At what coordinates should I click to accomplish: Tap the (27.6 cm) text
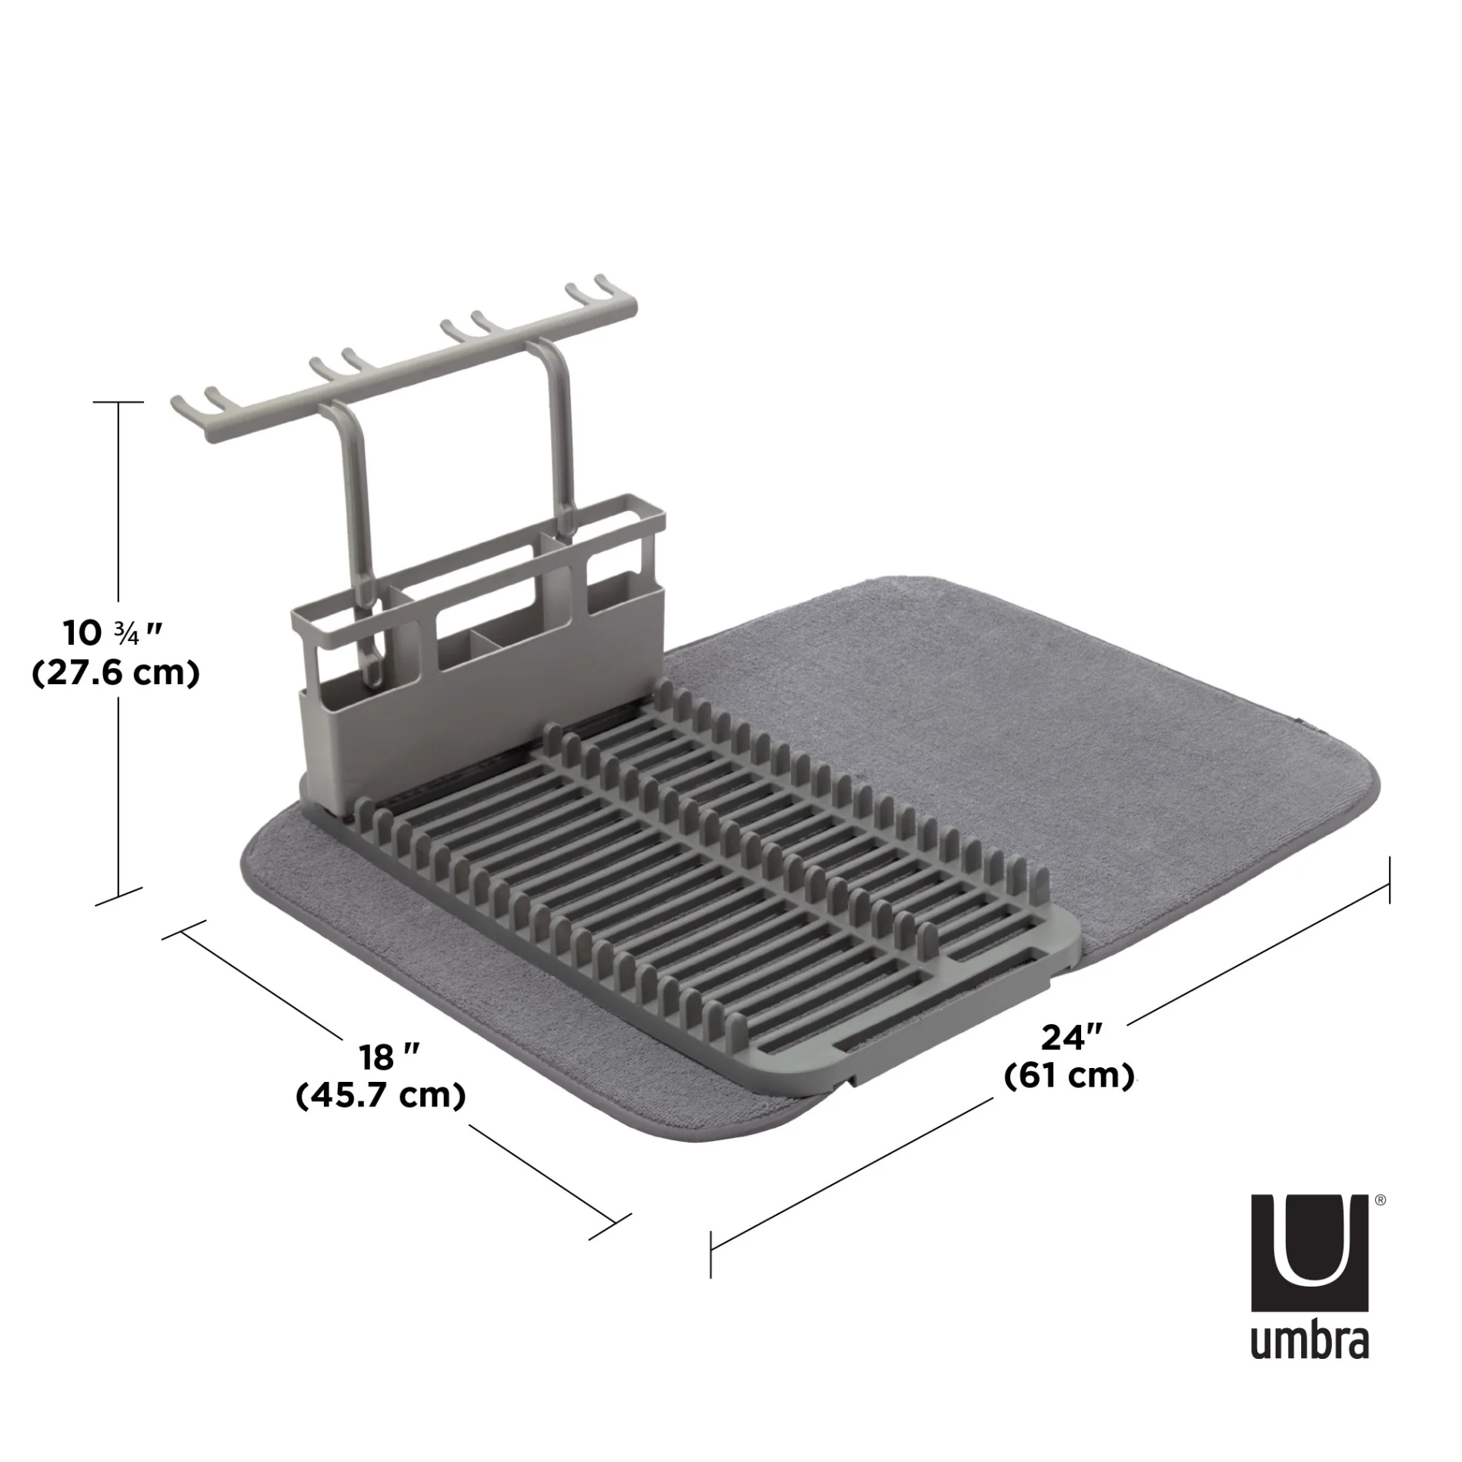[116, 673]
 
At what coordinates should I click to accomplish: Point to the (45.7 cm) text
[381, 1095]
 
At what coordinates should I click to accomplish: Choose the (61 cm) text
[1070, 1075]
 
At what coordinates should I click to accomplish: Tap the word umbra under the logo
[1309, 1341]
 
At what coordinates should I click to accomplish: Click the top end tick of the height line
[118, 402]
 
